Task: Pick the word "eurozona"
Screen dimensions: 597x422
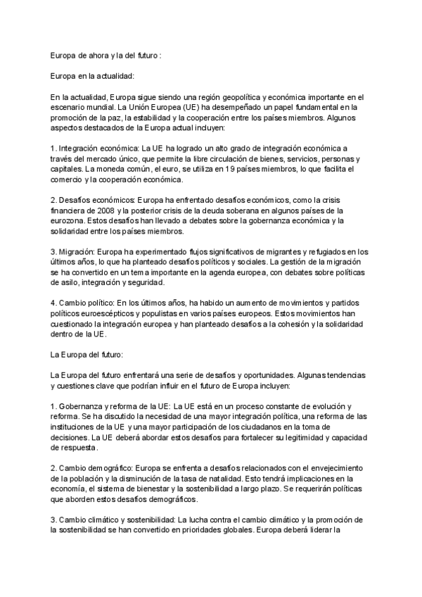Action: (70, 221)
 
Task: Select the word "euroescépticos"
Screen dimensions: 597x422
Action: (107, 314)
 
